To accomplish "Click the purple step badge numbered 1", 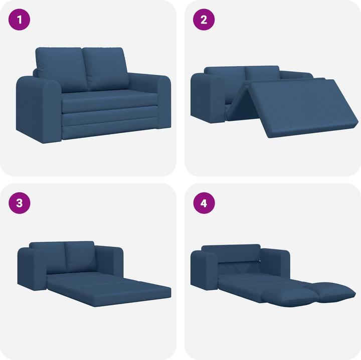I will click(x=20, y=21).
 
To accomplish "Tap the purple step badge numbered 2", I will click(x=204, y=21).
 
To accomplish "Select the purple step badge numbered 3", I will click(x=20, y=203).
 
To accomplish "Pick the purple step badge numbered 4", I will click(x=204, y=203).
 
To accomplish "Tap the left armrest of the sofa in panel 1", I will click(x=39, y=108).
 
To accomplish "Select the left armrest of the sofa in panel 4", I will click(x=206, y=271).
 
